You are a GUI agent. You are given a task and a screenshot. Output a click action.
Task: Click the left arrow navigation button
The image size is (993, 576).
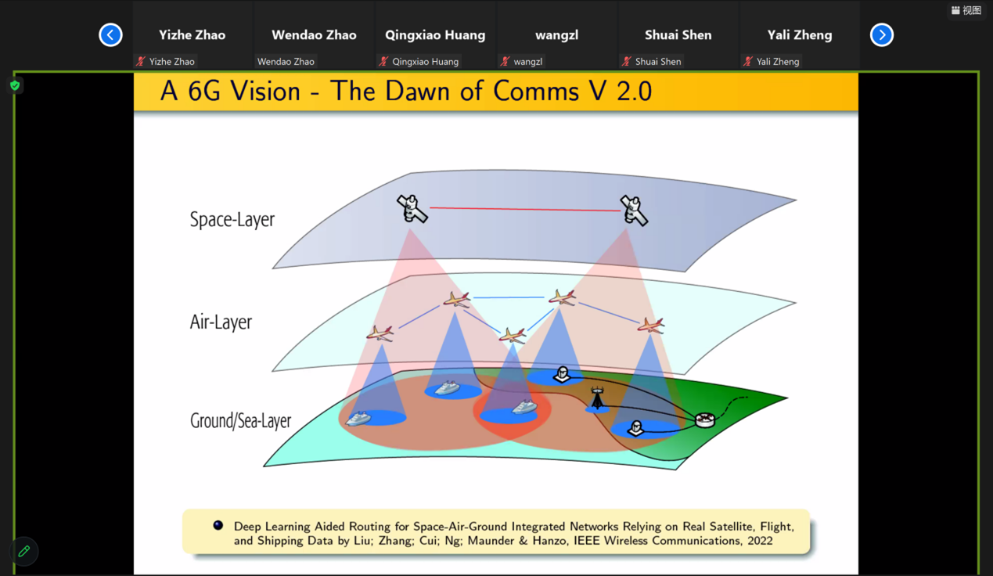110,35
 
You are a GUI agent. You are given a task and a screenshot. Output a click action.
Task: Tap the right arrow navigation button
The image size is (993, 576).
882,35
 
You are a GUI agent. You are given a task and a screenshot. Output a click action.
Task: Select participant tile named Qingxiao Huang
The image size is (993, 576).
435,35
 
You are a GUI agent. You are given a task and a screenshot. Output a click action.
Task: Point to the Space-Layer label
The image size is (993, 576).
232,219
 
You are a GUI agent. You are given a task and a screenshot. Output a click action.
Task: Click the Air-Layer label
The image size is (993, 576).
221,322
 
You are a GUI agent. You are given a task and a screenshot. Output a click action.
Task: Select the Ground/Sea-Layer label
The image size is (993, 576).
240,420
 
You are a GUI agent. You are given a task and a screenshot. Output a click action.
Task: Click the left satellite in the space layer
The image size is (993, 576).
412,208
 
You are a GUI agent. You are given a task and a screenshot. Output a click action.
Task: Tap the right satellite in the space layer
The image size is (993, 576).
634,210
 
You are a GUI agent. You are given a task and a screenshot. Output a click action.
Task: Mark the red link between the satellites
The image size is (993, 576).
524,209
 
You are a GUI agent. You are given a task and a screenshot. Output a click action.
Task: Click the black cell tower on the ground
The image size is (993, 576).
597,400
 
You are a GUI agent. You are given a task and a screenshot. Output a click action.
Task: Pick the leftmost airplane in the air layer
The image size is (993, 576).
380,333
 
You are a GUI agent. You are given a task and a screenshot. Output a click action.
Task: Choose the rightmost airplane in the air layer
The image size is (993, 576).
650,325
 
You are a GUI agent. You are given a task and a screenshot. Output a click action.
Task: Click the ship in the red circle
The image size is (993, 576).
523,407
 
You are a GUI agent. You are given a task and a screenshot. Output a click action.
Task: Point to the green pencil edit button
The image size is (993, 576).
24,551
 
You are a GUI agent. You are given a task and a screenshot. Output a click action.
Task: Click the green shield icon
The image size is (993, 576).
15,85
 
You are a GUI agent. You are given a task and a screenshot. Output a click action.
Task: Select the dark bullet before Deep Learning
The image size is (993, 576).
218,525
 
